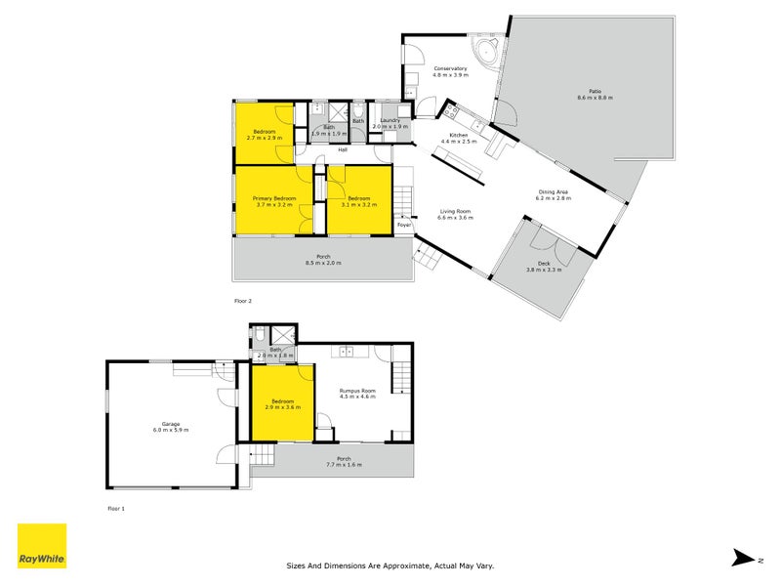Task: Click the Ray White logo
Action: pos(42,546)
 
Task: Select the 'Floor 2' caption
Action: pos(242,301)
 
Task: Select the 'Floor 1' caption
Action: pos(116,509)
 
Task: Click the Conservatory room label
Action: pos(451,68)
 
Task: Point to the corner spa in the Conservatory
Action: pos(485,51)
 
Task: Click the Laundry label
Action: pos(390,121)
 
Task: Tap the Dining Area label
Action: pos(553,191)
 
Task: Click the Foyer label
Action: pos(404,226)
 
